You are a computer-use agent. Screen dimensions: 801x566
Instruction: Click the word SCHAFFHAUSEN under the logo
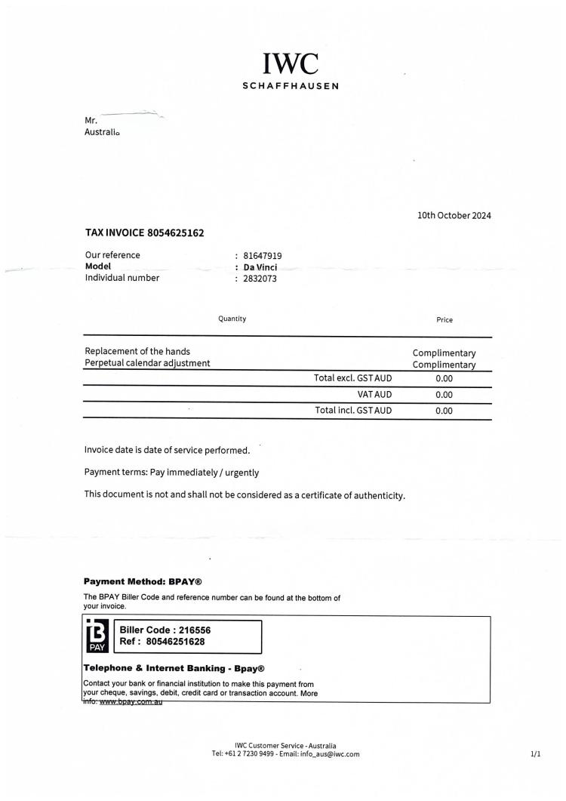[x=291, y=85]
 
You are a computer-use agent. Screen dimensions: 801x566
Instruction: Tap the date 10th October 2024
[x=454, y=215]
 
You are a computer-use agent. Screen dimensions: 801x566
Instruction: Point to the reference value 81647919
[x=263, y=256]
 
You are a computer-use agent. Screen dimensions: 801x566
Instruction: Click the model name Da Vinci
[x=260, y=266]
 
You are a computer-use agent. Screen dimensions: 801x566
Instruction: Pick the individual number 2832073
[x=260, y=278]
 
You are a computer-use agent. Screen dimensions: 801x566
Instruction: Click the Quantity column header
[x=232, y=319]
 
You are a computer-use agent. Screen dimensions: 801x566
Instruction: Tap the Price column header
[x=444, y=319]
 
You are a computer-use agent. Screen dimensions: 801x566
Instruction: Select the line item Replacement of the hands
[x=137, y=352]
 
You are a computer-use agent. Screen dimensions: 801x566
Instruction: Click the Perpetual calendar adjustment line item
[x=148, y=363]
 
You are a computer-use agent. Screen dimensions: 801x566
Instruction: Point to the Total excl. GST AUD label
[x=353, y=377]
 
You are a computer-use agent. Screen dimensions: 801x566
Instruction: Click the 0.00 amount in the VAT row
[x=444, y=394]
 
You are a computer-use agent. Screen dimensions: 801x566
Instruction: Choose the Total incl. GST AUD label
[x=353, y=411]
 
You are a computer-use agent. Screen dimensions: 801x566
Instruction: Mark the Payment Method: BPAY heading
[x=143, y=582]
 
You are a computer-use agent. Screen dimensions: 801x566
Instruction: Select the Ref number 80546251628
[x=162, y=642]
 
